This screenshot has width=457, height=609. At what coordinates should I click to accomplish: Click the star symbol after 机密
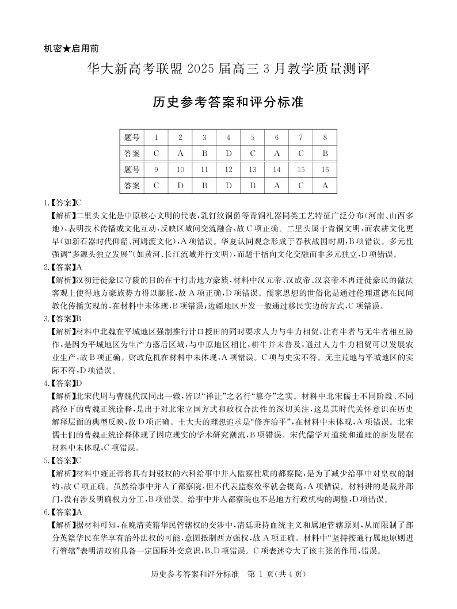(68, 48)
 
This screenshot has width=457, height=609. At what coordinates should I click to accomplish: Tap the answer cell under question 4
(228, 154)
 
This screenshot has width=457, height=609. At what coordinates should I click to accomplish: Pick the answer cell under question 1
(156, 154)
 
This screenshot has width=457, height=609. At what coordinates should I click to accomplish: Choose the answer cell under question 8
(325, 154)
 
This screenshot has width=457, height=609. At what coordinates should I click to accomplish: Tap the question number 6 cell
(277, 138)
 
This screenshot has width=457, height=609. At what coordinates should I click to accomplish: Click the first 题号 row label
(132, 138)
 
